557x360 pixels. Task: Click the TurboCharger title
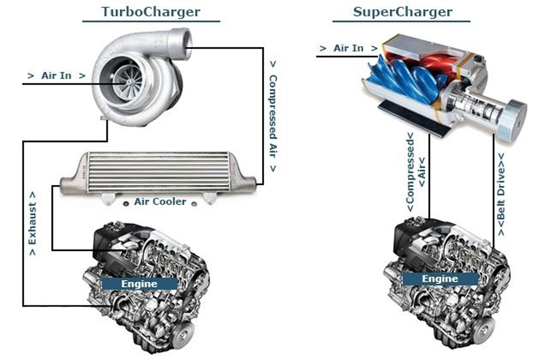tap(151, 12)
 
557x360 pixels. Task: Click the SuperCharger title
tap(403, 12)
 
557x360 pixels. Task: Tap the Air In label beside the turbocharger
tap(56, 76)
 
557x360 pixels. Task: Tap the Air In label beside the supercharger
tap(348, 48)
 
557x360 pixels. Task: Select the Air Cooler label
tap(160, 202)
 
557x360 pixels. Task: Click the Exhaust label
tap(32, 223)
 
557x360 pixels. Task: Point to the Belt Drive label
tap(501, 194)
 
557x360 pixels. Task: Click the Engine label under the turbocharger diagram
tap(139, 284)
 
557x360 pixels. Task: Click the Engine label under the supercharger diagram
tap(440, 279)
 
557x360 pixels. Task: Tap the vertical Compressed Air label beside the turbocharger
tap(273, 116)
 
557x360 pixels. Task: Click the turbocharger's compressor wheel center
tap(129, 82)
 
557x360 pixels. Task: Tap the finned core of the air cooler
tap(158, 172)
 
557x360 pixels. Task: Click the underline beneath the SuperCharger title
tap(401, 21)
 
